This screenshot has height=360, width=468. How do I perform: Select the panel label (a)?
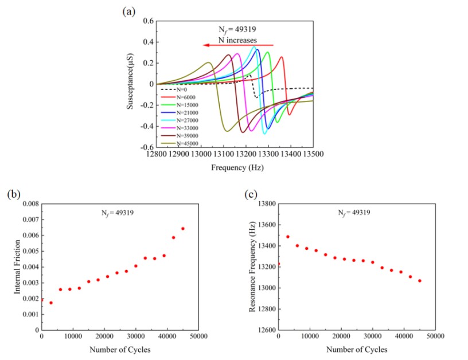tap(129, 9)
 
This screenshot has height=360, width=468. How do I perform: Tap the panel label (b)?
tap(13, 194)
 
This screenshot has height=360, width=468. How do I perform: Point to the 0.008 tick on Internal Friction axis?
tap(30, 204)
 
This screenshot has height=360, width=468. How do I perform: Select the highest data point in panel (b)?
tap(183, 228)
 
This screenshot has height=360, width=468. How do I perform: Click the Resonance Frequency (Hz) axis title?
tap(252, 267)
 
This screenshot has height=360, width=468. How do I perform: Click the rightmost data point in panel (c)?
tap(420, 280)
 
